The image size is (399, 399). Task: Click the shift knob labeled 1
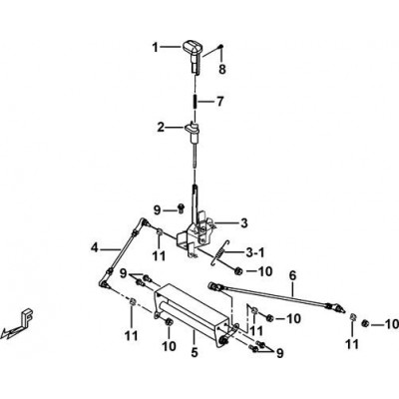pos(193,55)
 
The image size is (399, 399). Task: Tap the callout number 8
pos(222,69)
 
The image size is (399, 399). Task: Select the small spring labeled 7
pos(195,101)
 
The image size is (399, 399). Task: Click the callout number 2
pos(161,127)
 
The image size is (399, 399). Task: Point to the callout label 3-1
pos(255,253)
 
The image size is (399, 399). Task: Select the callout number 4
pos(95,247)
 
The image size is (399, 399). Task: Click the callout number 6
pos(292,275)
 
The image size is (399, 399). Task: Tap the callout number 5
pos(195,352)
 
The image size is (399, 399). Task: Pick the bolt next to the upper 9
pos(181,207)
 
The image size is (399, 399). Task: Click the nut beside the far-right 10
pos(365,323)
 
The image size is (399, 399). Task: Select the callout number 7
pos(220,102)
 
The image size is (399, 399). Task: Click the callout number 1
pos(155,48)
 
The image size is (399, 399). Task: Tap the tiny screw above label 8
pos(221,46)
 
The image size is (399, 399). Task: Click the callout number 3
pos(244,222)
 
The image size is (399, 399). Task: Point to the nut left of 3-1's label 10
pos(238,271)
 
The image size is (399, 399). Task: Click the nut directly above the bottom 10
pos(168,321)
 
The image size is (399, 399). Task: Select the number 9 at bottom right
pos(280,353)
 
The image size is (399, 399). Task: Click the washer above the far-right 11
pos(352,316)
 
